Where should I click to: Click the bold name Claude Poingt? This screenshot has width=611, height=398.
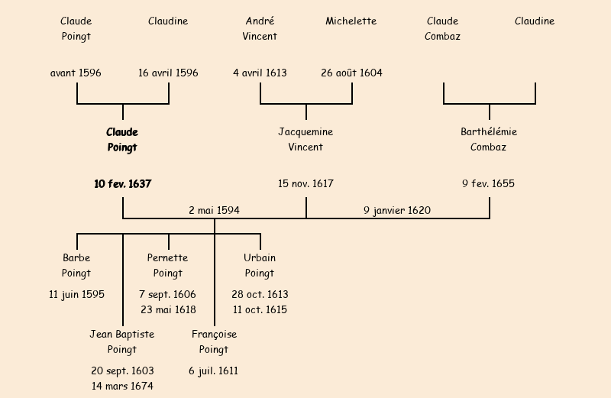pyautogui.click(x=122, y=140)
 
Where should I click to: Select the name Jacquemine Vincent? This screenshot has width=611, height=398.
pyautogui.click(x=305, y=140)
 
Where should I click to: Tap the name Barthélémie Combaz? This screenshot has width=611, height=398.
pyautogui.click(x=489, y=140)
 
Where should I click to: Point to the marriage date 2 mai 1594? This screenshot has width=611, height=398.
pyautogui.click(x=215, y=210)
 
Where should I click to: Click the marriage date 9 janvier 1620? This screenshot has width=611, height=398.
pyautogui.click(x=397, y=210)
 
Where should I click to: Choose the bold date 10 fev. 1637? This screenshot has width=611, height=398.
pyautogui.click(x=122, y=184)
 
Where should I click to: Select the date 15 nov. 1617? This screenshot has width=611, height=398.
pyautogui.click(x=305, y=184)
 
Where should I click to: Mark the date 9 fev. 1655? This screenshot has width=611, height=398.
pyautogui.click(x=489, y=184)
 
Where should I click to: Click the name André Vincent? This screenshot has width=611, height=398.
pyautogui.click(x=260, y=28)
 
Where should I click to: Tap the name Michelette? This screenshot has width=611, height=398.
pyautogui.click(x=351, y=21)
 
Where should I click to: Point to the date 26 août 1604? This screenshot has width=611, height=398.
pyautogui.click(x=351, y=73)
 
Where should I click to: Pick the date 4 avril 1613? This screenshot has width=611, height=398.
pyautogui.click(x=260, y=73)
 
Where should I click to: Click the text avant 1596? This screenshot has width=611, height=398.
pyautogui.click(x=76, y=73)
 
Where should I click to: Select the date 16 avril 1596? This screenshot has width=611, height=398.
pyautogui.click(x=168, y=73)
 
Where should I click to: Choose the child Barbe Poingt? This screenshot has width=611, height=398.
pyautogui.click(x=76, y=265)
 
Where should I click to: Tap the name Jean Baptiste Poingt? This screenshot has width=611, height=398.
pyautogui.click(x=122, y=341)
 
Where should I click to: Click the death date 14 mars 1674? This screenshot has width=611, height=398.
pyautogui.click(x=122, y=386)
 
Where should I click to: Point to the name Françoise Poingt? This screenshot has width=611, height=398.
pyautogui.click(x=214, y=341)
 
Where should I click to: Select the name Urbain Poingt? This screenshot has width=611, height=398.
pyautogui.click(x=260, y=265)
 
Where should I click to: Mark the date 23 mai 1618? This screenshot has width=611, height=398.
pyautogui.click(x=168, y=309)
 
